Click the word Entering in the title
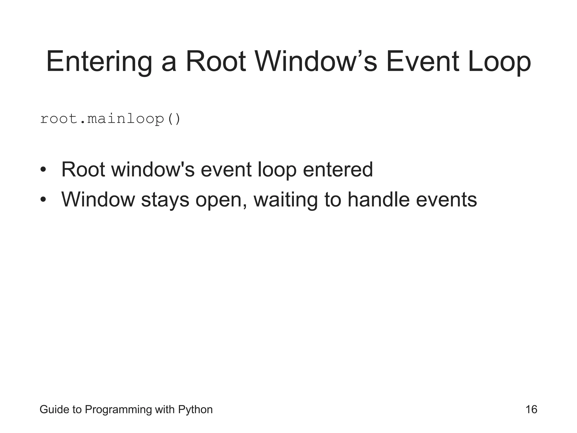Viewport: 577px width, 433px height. (x=99, y=62)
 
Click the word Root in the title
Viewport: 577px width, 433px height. (x=216, y=62)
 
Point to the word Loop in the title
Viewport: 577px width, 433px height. (x=499, y=62)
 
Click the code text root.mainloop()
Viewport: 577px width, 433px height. (x=110, y=119)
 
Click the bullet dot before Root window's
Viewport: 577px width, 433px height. (x=43, y=170)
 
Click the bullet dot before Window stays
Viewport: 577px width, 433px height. (x=43, y=200)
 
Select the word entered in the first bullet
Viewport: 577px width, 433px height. (x=338, y=170)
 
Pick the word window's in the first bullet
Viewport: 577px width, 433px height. (x=153, y=170)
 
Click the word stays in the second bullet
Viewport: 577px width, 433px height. (x=165, y=200)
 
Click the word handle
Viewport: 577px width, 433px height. (x=378, y=200)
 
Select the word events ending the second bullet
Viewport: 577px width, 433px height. (x=446, y=200)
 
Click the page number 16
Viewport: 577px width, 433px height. (x=531, y=410)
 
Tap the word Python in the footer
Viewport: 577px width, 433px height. (x=195, y=410)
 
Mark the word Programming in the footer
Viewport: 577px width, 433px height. (x=118, y=410)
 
